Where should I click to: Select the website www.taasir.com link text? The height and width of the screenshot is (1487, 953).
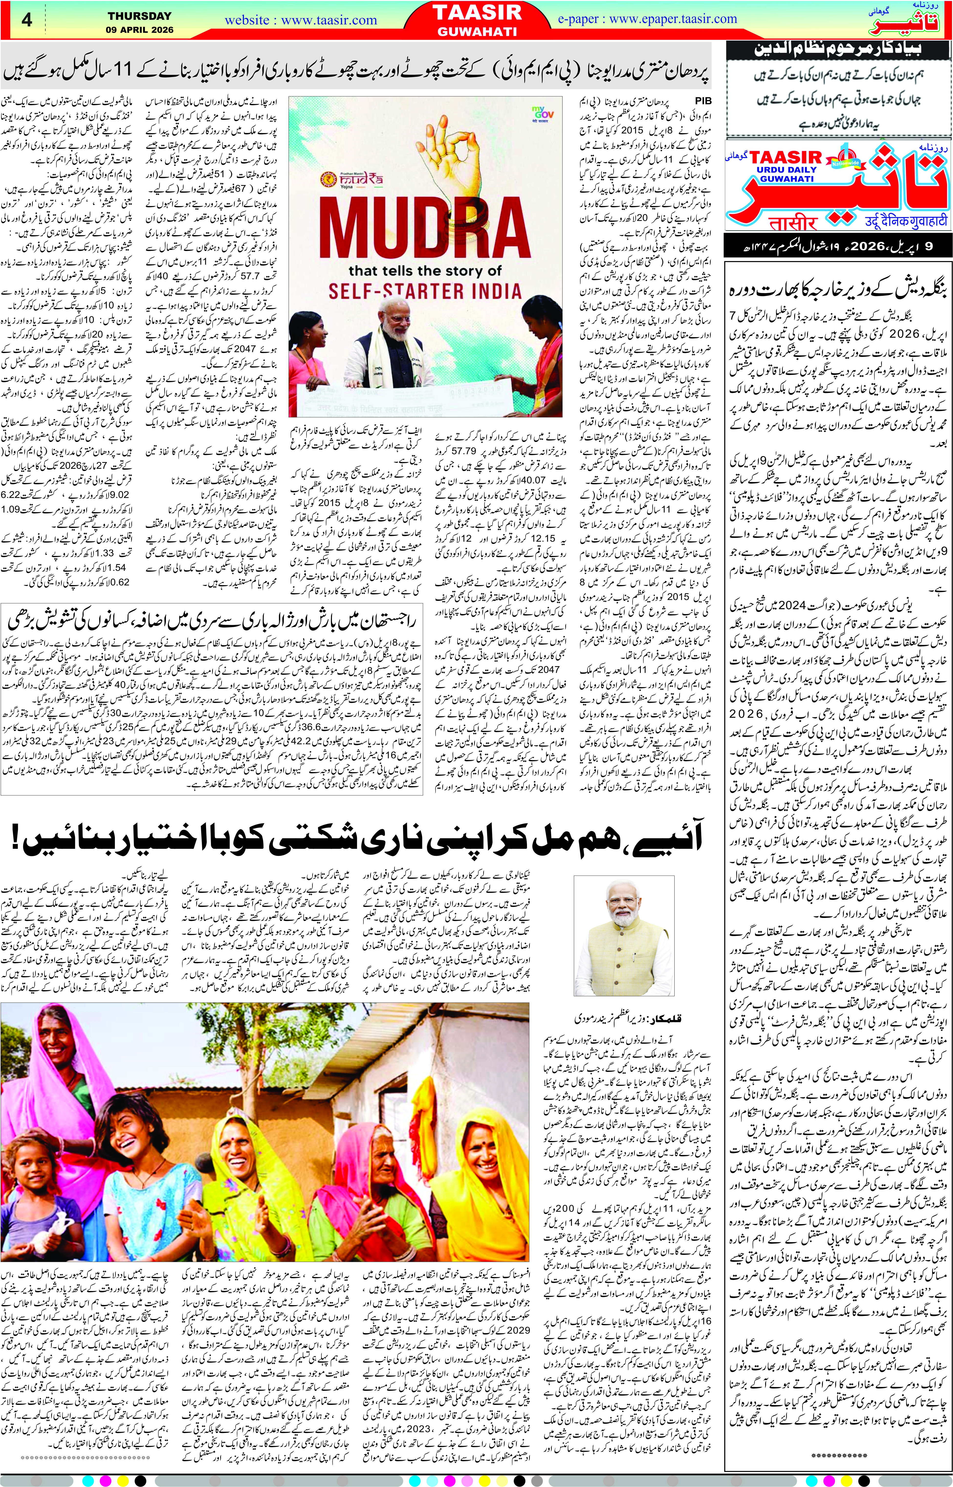click(301, 21)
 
